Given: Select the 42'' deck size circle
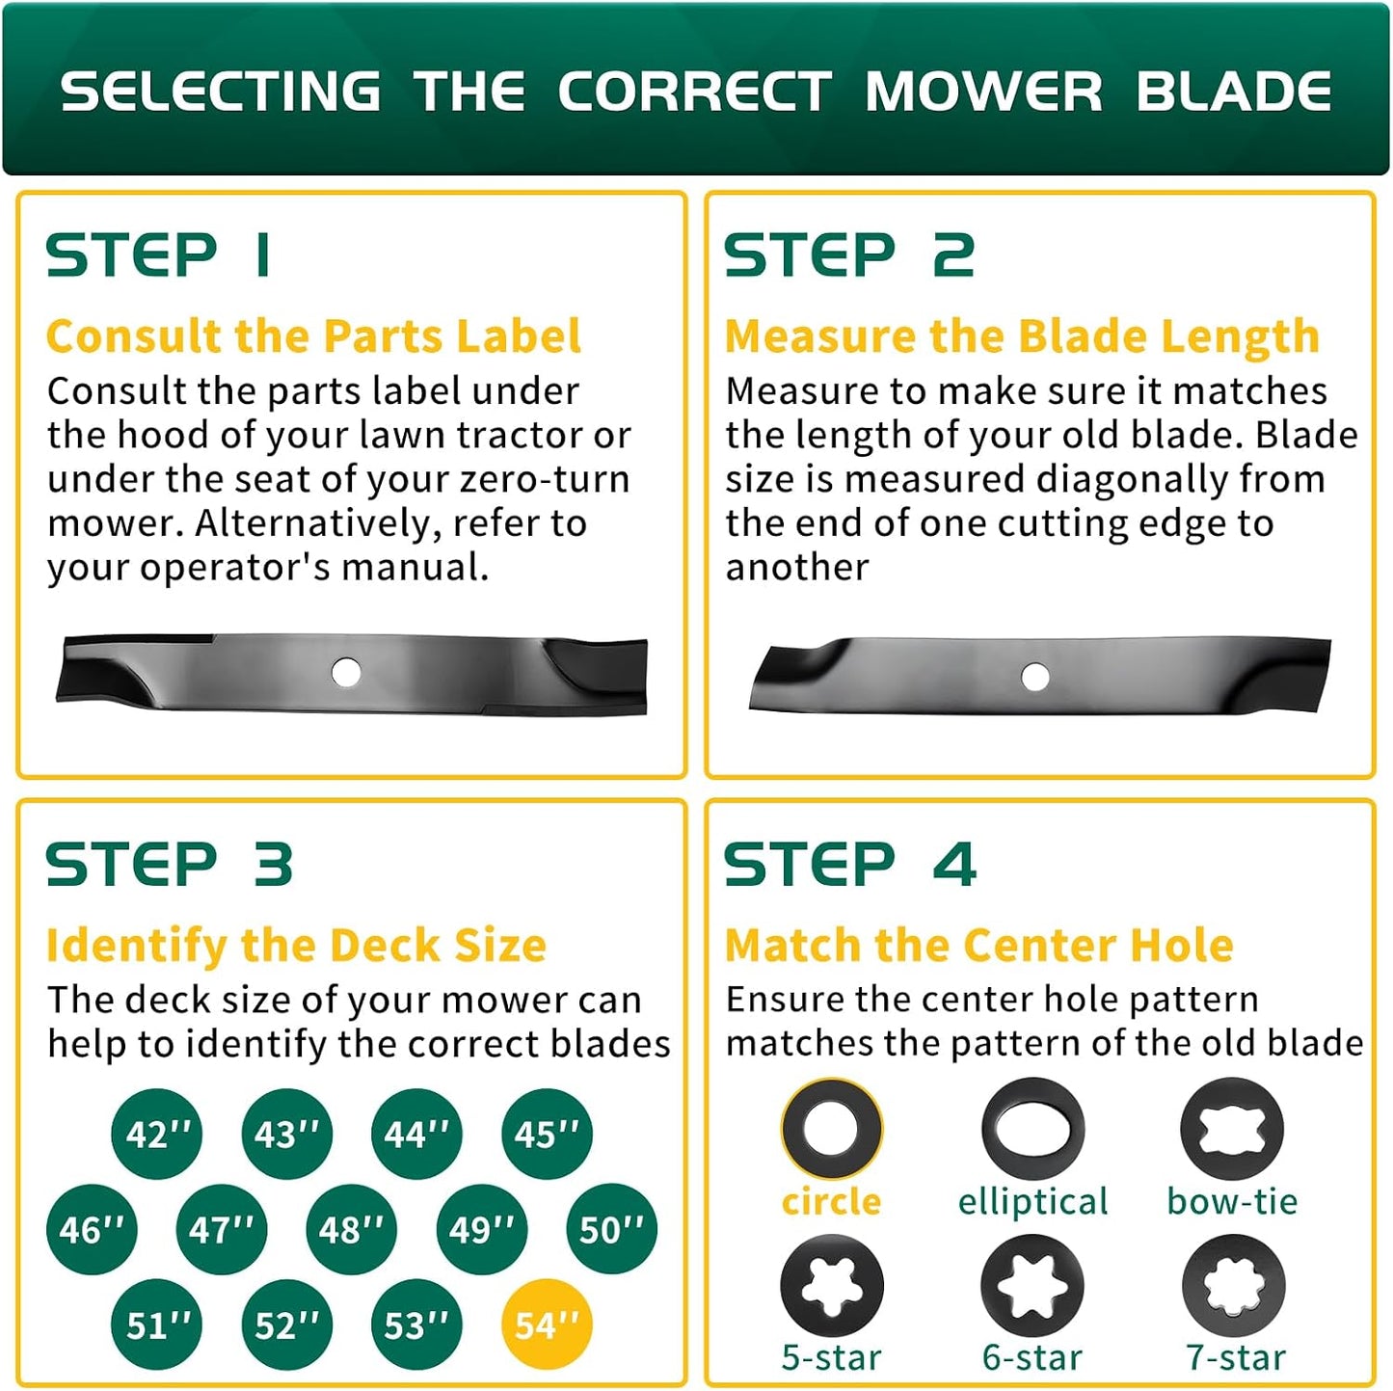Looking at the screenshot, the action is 157,1133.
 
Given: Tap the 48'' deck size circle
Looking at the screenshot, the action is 351,1228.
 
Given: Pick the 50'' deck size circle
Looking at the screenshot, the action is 611,1228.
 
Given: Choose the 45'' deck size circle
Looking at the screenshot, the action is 547,1133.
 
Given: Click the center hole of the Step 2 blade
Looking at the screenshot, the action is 1034,677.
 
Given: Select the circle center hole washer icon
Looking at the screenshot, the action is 831,1128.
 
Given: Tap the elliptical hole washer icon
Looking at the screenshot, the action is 1032,1128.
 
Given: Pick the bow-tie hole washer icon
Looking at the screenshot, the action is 1232,1128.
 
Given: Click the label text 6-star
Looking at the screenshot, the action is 1032,1356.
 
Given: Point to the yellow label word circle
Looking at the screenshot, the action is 831,1200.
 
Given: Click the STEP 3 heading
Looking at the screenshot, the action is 169,864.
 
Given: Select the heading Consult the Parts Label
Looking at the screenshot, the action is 313,336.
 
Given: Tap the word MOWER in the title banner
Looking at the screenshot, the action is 983,92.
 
